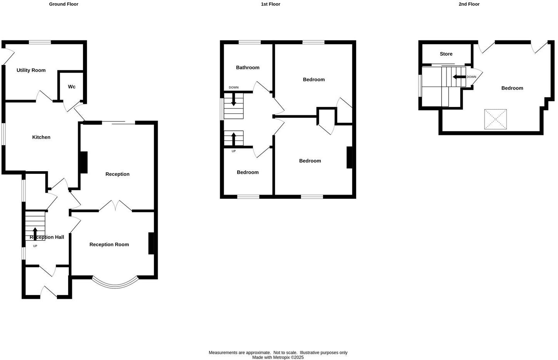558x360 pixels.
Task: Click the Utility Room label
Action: (x=31, y=70)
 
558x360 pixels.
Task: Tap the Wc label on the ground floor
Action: (x=72, y=87)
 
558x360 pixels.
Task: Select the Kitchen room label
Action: (x=41, y=137)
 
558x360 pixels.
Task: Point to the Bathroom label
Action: (x=248, y=68)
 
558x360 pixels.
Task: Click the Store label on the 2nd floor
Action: (x=446, y=54)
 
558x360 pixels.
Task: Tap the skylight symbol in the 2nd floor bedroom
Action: (x=495, y=119)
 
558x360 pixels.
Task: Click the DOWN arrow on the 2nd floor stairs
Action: (x=459, y=77)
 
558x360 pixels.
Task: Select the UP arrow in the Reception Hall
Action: (x=35, y=233)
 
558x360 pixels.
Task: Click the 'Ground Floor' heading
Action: (x=63, y=4)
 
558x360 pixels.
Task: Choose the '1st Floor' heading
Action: (x=271, y=4)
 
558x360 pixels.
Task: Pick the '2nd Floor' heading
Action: (x=469, y=4)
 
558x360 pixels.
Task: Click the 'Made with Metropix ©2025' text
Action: (x=278, y=357)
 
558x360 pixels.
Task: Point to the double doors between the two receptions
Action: (x=115, y=207)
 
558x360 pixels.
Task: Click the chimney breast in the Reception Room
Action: (x=151, y=243)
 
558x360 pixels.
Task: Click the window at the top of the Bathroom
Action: (x=250, y=42)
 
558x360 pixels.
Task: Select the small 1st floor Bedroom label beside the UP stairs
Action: (x=248, y=172)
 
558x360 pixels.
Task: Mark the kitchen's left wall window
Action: (x=3, y=134)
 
